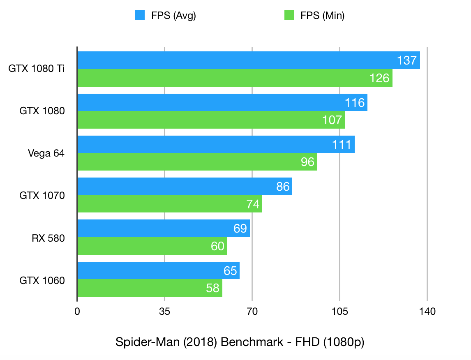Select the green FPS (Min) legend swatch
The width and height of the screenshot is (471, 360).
coord(289,15)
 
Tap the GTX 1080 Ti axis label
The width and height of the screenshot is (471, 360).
coord(37,69)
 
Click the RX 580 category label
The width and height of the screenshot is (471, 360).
coord(48,238)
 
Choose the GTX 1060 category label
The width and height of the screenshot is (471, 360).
coord(42,280)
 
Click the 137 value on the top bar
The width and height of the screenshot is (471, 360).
coord(407,61)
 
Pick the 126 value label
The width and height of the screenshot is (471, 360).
coord(379,78)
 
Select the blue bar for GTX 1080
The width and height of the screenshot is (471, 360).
coord(222,102)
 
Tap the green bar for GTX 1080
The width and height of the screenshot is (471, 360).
coord(211,120)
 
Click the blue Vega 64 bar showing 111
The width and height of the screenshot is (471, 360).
coord(216,145)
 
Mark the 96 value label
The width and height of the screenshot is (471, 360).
coord(307,162)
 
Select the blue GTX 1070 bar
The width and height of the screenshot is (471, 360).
coord(185,187)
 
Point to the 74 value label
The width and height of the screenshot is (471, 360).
coord(252,204)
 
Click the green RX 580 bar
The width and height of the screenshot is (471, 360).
coord(152,246)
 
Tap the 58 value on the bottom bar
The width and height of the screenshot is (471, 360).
coord(212,288)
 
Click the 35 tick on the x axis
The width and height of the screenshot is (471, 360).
coord(164,312)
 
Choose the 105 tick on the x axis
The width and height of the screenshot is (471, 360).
coord(339,312)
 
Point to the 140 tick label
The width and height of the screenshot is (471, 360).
coord(427,312)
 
